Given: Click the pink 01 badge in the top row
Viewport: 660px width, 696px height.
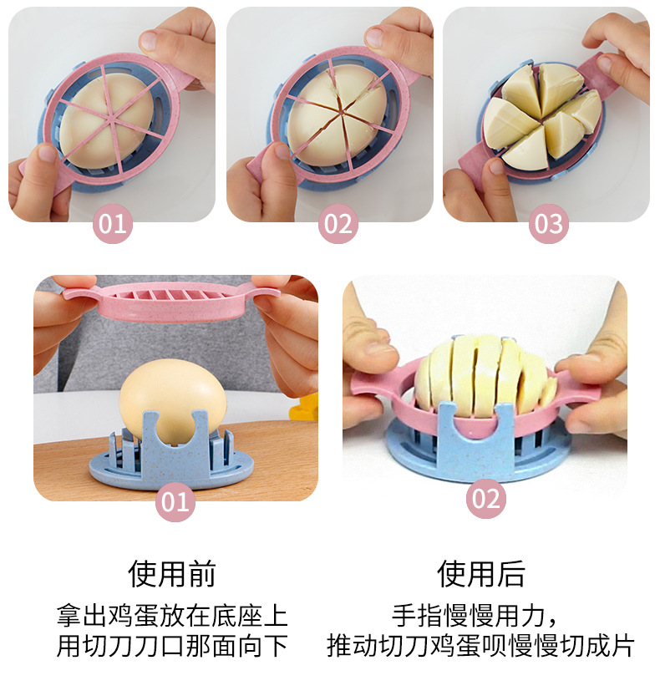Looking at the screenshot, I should coord(113,224).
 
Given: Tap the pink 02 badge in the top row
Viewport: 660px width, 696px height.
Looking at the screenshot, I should coord(338,224).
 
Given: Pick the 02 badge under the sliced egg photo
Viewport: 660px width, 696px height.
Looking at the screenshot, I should coord(485,499).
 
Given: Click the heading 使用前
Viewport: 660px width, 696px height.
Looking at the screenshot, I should coord(172,573).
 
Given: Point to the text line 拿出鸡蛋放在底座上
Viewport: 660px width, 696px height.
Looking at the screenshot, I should coord(172,616).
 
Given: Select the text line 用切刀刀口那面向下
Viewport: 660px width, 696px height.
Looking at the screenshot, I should coord(172,645).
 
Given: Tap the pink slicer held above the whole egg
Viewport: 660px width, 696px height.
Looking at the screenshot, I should coord(175,302).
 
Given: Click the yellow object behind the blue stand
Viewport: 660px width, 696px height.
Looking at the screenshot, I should coord(306,409).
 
